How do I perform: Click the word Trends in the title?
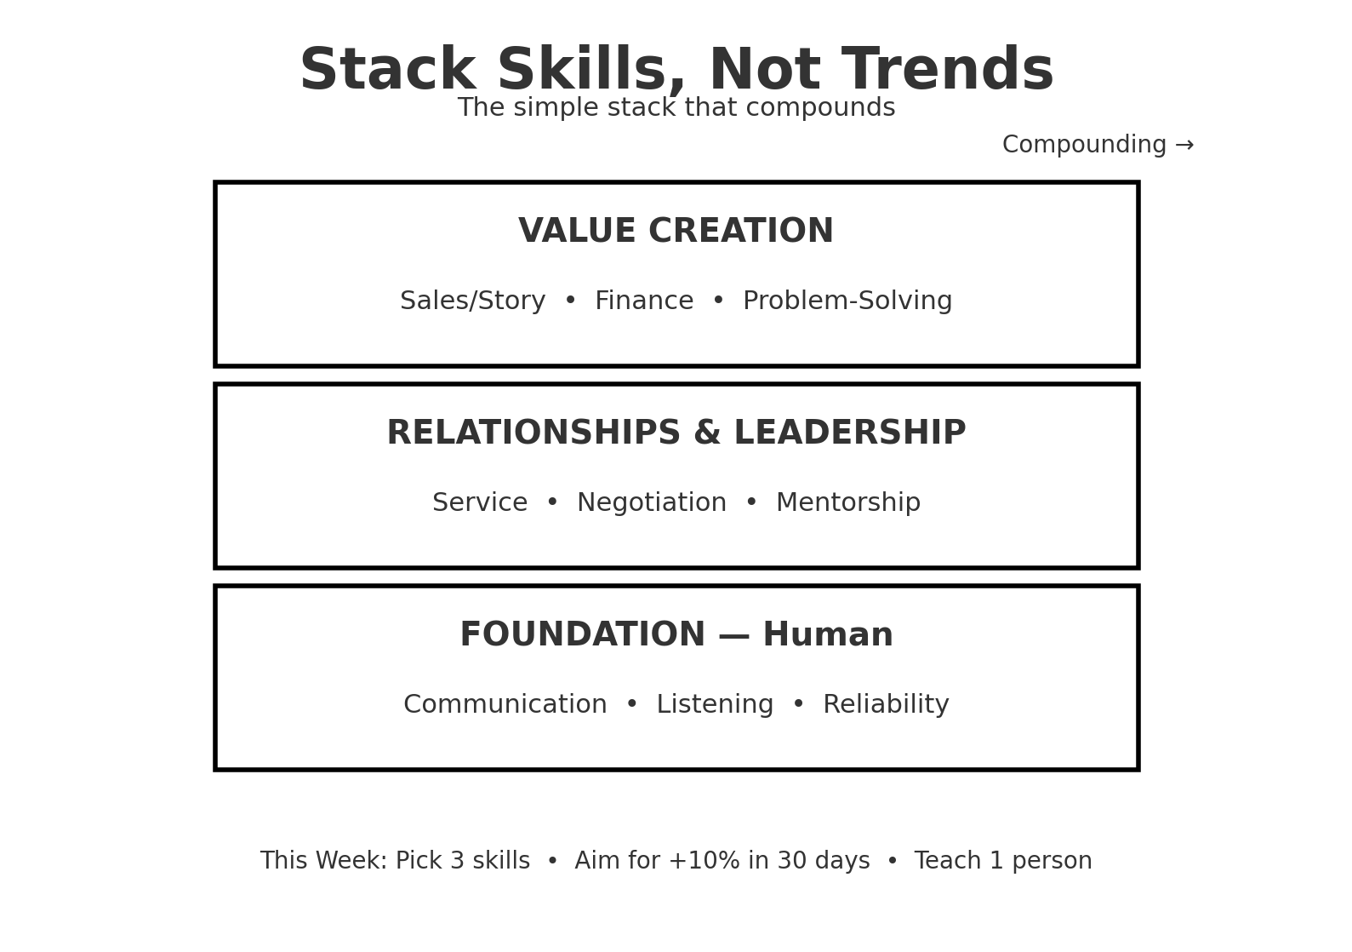coord(947,71)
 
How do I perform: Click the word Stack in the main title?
coord(387,71)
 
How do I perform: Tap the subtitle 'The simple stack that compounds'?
coord(676,108)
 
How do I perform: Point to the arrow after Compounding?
coord(1184,146)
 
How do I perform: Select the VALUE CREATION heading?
coord(676,232)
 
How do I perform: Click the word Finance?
coord(644,301)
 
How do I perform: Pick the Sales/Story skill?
coord(473,301)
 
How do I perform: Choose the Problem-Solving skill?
coord(847,301)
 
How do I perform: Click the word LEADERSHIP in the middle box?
coord(849,433)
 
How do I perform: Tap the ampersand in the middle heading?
coord(707,433)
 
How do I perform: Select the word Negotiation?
coord(652,503)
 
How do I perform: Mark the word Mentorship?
coord(848,503)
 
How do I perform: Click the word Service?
coord(480,503)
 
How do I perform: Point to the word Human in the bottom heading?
coord(828,635)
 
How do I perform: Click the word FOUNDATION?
coord(583,635)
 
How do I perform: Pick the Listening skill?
coord(715,705)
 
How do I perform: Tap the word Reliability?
coord(886,705)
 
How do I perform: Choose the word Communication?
coord(505,705)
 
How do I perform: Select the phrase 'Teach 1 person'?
coord(1003,861)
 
